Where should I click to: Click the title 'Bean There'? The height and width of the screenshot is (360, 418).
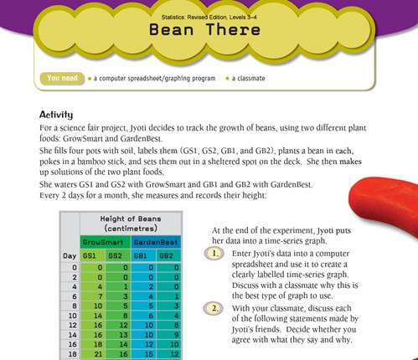pos(208,28)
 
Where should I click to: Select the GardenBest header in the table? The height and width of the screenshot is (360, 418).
pos(154,240)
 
